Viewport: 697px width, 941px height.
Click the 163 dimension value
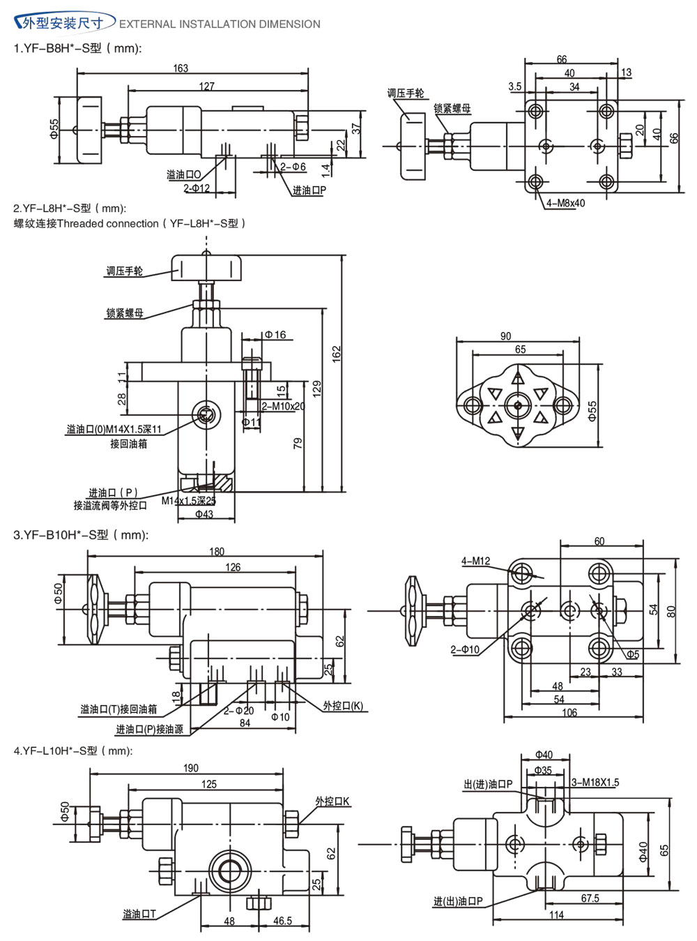181,68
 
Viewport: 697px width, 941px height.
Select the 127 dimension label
207,86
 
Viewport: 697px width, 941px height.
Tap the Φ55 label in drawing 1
54,129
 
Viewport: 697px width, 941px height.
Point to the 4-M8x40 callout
565,203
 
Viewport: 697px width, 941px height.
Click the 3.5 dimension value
514,87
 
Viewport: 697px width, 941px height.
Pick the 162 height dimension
336,354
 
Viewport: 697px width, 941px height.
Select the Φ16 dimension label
275,335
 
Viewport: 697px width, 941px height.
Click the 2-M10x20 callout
284,407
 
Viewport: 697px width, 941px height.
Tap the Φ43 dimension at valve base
204,514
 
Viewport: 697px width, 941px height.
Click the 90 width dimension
506,336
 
